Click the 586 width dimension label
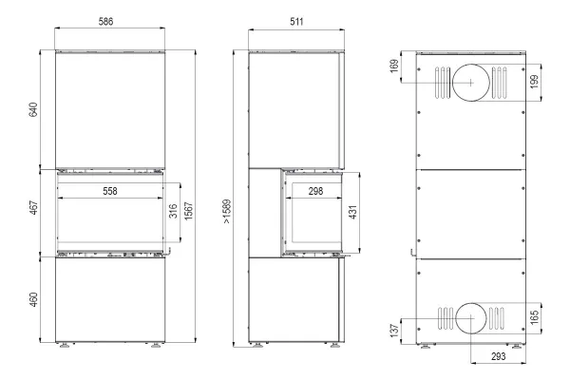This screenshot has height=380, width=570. point(105,22)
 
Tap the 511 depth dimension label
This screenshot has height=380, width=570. point(296,22)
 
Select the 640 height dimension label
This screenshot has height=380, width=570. point(33,110)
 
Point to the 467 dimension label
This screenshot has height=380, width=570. point(33,208)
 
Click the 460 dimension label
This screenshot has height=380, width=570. point(33,299)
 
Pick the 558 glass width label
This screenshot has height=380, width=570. point(110,191)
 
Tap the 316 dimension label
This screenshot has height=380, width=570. point(173,211)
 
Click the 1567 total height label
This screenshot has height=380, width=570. point(188,211)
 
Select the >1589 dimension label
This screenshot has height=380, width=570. point(227,211)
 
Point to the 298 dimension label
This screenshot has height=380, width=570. point(315,191)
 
